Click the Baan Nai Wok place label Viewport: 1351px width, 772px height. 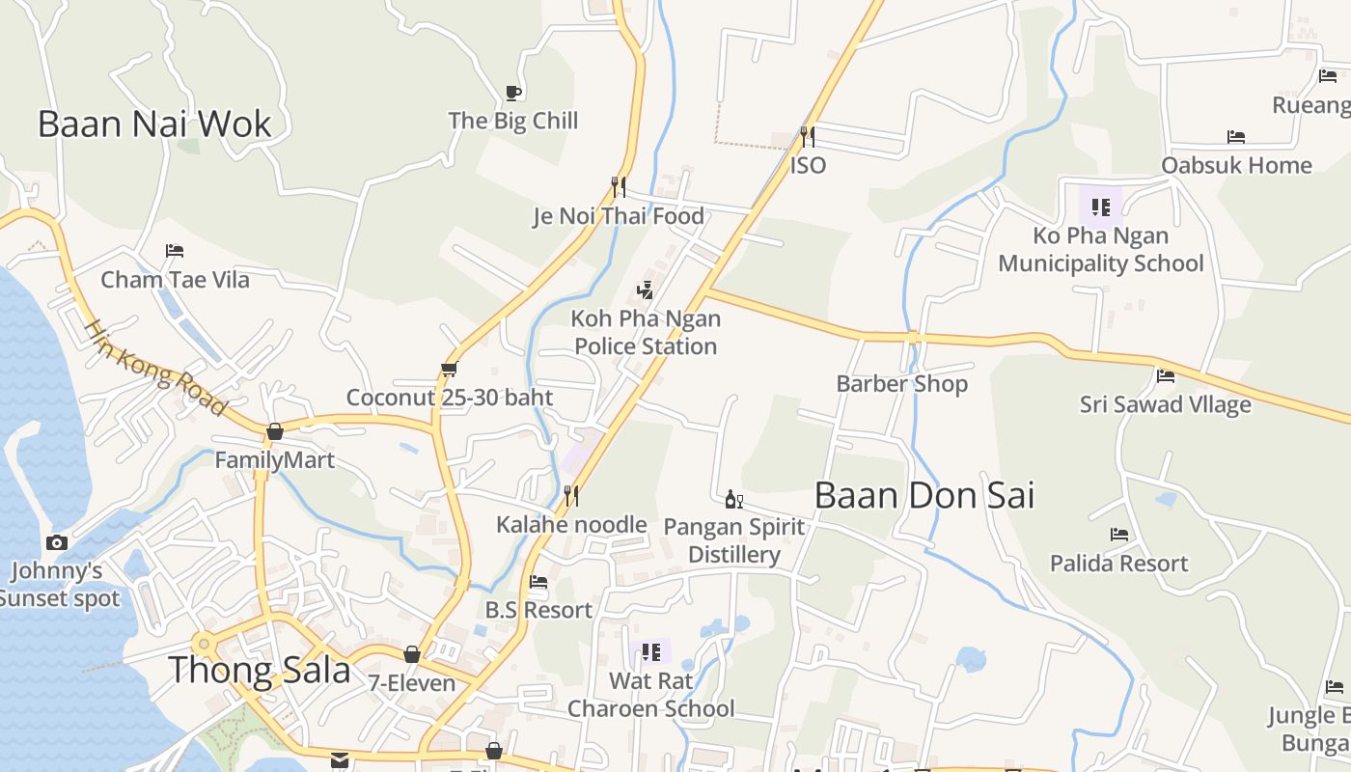coord(154,124)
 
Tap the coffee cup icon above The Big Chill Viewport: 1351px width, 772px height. coord(513,93)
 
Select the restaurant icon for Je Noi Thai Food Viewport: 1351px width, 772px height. coord(619,185)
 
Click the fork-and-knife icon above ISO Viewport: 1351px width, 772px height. coord(808,136)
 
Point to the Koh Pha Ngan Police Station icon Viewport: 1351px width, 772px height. coord(646,289)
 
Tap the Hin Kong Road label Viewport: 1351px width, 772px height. coord(154,368)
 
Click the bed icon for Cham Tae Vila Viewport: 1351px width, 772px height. coord(175,251)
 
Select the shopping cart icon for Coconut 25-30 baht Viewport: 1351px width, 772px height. coord(449,369)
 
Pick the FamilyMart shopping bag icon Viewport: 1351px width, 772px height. coord(275,431)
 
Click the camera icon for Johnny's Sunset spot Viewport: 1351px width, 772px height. coord(57,542)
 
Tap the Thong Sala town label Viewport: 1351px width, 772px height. coord(260,669)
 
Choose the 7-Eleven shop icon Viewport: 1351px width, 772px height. coord(412,654)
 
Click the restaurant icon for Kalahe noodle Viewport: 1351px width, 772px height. coord(571,496)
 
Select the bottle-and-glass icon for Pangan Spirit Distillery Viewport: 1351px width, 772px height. coord(733,499)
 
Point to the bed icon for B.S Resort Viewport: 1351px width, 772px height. coord(538,581)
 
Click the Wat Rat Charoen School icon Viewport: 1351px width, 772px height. coord(651,652)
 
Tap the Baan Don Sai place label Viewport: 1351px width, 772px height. coord(924,495)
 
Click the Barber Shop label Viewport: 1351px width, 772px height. coord(901,383)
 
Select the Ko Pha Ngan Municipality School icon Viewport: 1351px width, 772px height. coord(1101,207)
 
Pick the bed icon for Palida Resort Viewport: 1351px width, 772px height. coord(1119,534)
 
